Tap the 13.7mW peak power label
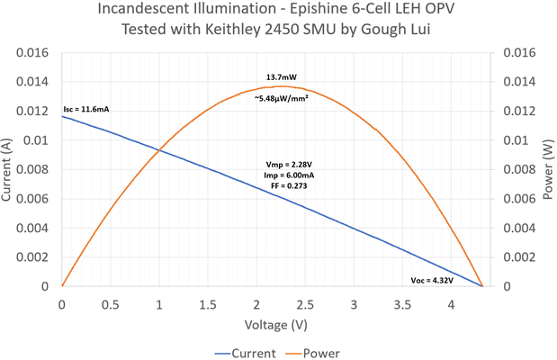pos(282,79)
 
